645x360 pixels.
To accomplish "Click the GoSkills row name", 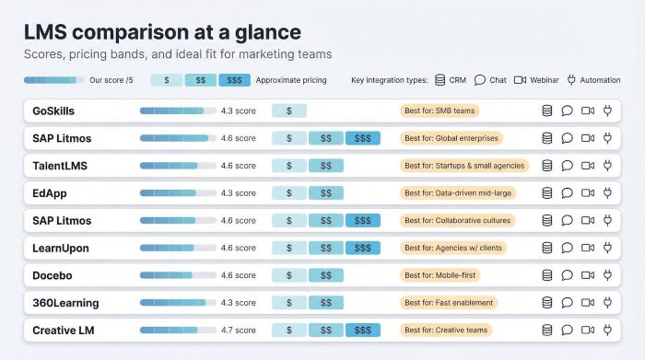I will [53, 111].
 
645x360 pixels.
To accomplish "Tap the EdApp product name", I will [49, 193].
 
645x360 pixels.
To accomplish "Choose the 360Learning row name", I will [64, 303].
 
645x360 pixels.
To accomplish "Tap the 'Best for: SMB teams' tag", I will [440, 111].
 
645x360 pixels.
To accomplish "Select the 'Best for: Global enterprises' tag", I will [451, 138].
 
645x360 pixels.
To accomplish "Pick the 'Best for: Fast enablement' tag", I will [449, 303].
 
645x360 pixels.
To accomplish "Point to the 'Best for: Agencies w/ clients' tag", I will [453, 248].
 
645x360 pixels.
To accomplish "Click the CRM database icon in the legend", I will [440, 80].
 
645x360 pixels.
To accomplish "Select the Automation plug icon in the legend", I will [571, 80].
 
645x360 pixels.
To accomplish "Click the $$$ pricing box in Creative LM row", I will [362, 330].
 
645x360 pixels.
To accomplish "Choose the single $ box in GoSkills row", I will [289, 111].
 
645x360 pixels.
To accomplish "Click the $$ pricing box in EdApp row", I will [325, 193].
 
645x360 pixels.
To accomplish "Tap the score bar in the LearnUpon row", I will [178, 248].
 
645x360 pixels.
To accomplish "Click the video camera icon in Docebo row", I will [587, 275].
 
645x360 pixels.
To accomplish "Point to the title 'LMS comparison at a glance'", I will [162, 31].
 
